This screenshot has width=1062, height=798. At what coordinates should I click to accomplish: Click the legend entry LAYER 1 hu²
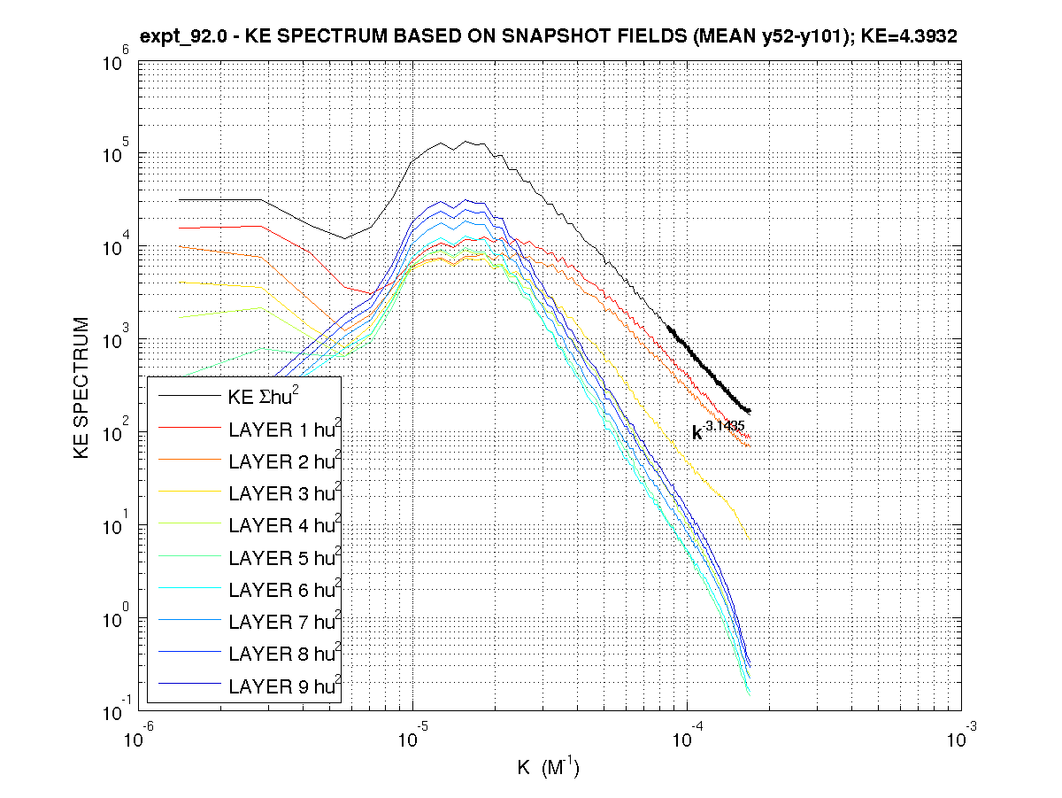[284, 430]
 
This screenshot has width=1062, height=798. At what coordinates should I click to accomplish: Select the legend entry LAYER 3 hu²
[284, 493]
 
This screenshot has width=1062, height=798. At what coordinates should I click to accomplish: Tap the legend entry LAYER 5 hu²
[284, 558]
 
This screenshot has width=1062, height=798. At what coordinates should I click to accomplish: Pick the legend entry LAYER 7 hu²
[284, 622]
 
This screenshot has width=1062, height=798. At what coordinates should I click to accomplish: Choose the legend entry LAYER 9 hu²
[284, 686]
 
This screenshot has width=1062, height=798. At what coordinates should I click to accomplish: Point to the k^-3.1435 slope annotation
[718, 430]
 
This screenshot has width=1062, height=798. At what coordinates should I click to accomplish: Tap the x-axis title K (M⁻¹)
[548, 766]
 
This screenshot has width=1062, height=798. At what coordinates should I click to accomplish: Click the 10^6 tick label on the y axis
[119, 61]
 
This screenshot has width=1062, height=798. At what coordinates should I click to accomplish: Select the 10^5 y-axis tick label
[119, 154]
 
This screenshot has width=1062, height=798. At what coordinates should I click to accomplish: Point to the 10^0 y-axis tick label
[119, 617]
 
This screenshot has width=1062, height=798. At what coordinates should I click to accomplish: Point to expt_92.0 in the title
[181, 36]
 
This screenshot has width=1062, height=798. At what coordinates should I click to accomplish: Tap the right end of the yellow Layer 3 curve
[749, 537]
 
